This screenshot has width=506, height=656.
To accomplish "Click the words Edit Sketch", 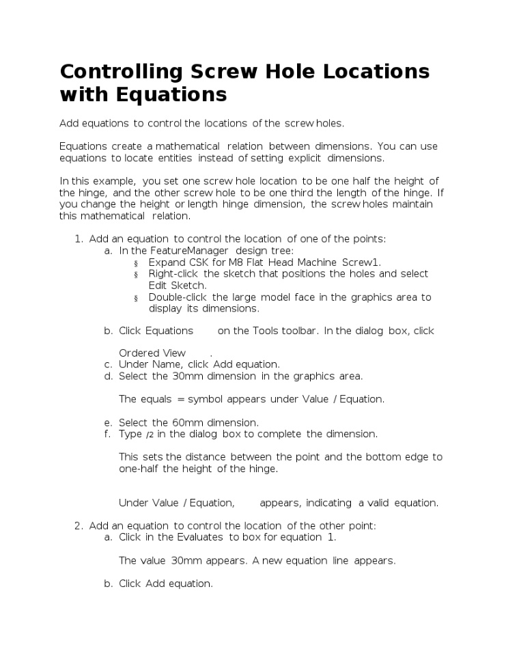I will click(176, 285).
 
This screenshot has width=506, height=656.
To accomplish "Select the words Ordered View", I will click(152, 353).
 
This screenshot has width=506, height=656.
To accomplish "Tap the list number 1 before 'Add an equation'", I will click(77, 238).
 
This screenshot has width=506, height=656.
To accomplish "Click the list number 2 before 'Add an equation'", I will click(77, 526).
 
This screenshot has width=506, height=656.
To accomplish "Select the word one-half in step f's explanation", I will click(139, 469).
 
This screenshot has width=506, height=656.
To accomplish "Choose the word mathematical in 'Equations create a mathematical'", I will click(188, 146).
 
